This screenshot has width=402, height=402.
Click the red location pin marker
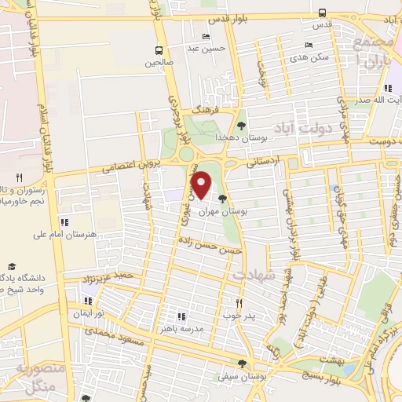tap(202, 185)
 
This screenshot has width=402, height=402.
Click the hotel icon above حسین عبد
tap(206, 36)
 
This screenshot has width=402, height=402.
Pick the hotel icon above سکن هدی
tap(309, 45)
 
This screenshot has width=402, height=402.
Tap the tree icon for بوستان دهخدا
tap(241, 125)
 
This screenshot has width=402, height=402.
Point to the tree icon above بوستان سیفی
tap(242, 364)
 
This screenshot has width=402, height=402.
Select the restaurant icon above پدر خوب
tap(240, 302)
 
